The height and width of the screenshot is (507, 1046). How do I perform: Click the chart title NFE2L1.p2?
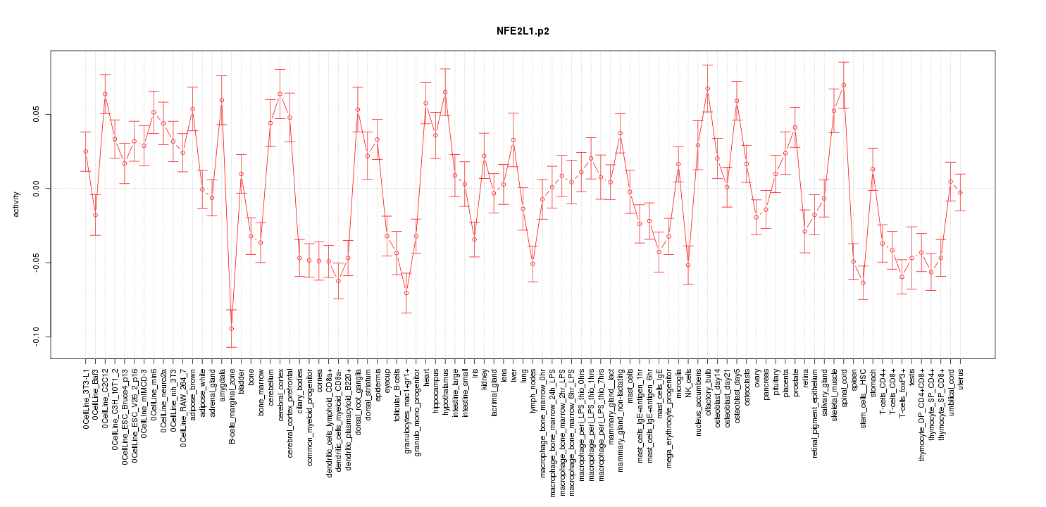pos(523,32)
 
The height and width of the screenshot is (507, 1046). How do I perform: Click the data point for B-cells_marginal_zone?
pos(231,329)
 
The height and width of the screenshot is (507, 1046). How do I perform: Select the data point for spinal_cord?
pos(844,85)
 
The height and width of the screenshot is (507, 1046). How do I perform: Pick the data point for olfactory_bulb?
pos(707,89)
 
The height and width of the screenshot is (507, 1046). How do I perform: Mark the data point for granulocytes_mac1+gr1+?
pos(406,293)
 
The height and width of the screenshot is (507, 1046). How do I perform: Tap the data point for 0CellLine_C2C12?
pos(105,94)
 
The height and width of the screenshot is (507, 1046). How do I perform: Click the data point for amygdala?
pos(222,100)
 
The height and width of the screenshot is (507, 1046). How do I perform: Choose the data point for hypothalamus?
pos(445,92)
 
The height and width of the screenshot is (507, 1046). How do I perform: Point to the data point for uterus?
pos(960,192)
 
